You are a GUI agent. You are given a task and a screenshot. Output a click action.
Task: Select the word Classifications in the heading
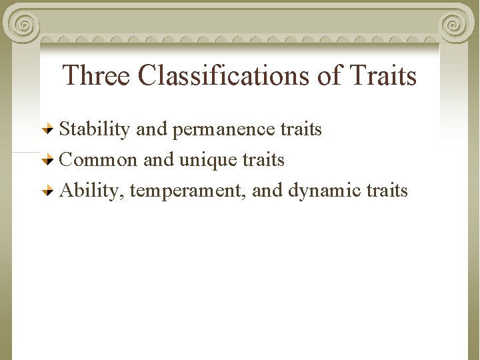coord(224,75)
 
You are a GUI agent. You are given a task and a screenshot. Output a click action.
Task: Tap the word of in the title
coord(329,75)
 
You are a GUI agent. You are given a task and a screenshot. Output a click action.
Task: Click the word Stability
coord(95,129)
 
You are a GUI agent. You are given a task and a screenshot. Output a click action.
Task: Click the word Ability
coord(92,191)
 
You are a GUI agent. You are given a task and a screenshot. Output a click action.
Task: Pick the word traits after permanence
coord(301,129)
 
